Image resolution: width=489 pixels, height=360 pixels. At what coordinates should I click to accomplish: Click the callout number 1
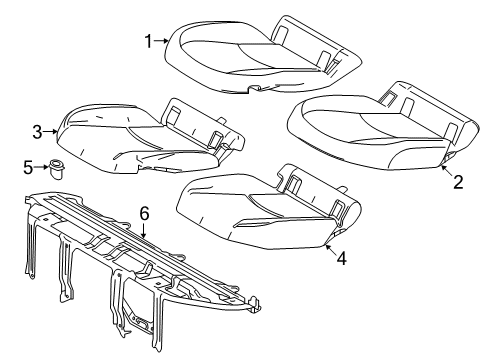pyautogui.click(x=147, y=41)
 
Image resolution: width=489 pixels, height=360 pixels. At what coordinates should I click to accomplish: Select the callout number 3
pyautogui.click(x=37, y=131)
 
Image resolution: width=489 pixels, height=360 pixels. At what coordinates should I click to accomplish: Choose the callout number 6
pyautogui.click(x=144, y=212)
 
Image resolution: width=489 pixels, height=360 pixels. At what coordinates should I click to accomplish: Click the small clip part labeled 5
pyautogui.click(x=62, y=167)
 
